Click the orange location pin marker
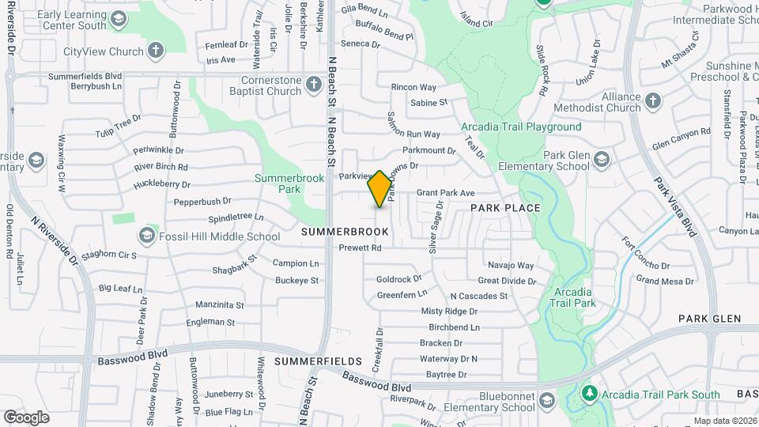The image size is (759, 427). pyautogui.click(x=379, y=188)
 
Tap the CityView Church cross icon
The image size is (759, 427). pyautogui.click(x=157, y=52)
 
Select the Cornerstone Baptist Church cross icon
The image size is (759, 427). pyautogui.click(x=314, y=85)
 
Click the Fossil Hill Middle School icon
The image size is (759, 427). pyautogui.click(x=147, y=236)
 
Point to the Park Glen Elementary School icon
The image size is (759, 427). pyautogui.click(x=602, y=161)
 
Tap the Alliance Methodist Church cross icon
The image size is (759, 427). pyautogui.click(x=652, y=100)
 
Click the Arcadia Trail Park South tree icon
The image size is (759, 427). pyautogui.click(x=589, y=394)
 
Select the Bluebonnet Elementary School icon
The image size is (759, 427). pyautogui.click(x=545, y=401)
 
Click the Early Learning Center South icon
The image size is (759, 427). pyautogui.click(x=118, y=19)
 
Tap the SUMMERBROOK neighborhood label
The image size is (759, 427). pyautogui.click(x=345, y=232)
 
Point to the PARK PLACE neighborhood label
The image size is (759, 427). pyautogui.click(x=505, y=208)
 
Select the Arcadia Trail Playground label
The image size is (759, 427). pyautogui.click(x=521, y=127)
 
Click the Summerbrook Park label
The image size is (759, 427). pyautogui.click(x=289, y=183)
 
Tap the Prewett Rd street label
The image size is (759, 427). pyautogui.click(x=360, y=248)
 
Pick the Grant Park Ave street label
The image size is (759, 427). pyautogui.click(x=445, y=193)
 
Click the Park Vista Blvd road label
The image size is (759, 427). pyautogui.click(x=675, y=206)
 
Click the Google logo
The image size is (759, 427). pyautogui.click(x=26, y=417)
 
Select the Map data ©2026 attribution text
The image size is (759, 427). pyautogui.click(x=724, y=421)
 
